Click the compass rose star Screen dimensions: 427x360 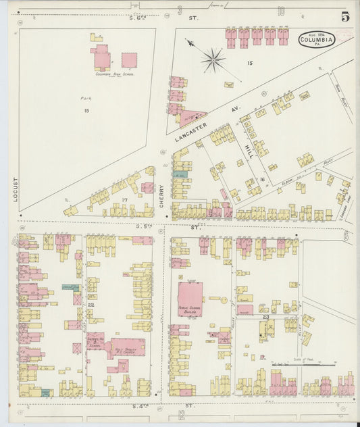pyautogui.click(x=213, y=60)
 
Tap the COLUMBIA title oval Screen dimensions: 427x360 pyautogui.click(x=316, y=40)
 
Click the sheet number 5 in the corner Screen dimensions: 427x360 pyautogui.click(x=345, y=16)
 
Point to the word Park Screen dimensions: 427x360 pyautogui.click(x=86, y=99)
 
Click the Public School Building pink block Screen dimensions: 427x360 pyautogui.click(x=190, y=299)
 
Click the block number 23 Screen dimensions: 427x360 pyautogui.click(x=266, y=316)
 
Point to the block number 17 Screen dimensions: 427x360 pyautogui.click(x=124, y=199)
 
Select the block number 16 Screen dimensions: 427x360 pyautogui.click(x=261, y=180)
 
